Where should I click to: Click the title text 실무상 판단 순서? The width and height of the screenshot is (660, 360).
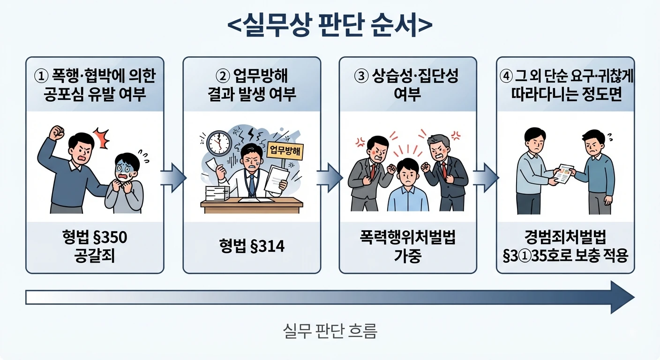pyautogui.click(x=330, y=25)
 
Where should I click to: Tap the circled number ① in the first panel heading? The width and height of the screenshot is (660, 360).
pyautogui.click(x=41, y=76)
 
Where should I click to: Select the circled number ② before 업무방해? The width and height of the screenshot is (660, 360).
pyautogui.click(x=223, y=76)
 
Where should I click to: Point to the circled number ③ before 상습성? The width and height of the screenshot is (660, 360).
pyautogui.click(x=361, y=76)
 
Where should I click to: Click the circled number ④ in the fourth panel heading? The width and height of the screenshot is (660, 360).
pyautogui.click(x=506, y=76)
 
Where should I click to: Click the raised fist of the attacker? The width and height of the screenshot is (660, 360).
pyautogui.click(x=57, y=133)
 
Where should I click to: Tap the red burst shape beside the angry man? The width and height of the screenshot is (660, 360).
pyautogui.click(x=102, y=138)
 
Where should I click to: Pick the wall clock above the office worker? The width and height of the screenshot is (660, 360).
pyautogui.click(x=219, y=143)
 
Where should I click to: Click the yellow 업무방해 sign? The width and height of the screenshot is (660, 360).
pyautogui.click(x=285, y=151)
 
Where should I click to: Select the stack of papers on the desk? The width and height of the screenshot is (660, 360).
pyautogui.click(x=217, y=193)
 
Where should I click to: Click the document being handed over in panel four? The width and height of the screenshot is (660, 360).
pyautogui.click(x=563, y=174)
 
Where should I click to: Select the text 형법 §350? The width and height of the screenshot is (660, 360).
pyautogui.click(x=95, y=237)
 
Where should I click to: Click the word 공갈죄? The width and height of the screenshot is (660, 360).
pyautogui.click(x=94, y=256)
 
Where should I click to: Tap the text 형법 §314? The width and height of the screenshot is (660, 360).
pyautogui.click(x=252, y=246)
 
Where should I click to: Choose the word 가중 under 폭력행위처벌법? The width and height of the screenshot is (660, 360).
pyautogui.click(x=408, y=256)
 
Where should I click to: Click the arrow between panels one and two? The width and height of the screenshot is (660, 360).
pyautogui.click(x=173, y=178)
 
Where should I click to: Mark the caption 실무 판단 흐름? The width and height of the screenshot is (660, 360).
pyautogui.click(x=330, y=331)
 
